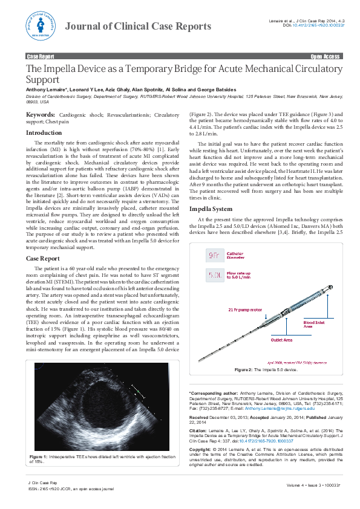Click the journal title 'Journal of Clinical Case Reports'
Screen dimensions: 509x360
[138, 26]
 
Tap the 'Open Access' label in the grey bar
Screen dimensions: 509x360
[325, 56]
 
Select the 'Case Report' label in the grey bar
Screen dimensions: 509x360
[41, 56]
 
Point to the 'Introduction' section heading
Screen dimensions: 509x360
[44, 132]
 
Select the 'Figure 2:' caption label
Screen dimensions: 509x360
[242, 369]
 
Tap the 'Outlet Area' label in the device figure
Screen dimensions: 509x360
[264, 340]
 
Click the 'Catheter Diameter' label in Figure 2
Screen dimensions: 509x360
[236, 255]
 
